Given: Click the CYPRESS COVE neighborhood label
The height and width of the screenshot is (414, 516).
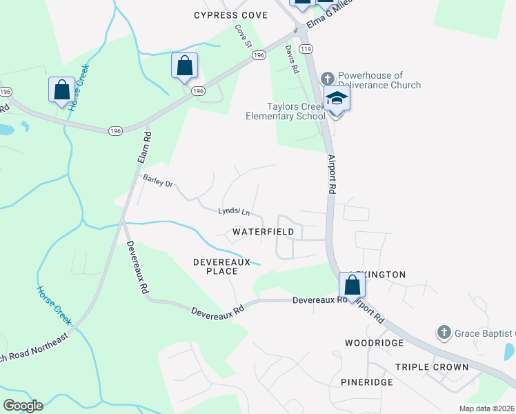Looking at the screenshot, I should tap(230, 15).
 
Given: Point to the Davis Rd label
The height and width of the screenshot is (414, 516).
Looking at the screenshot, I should tap(292, 60).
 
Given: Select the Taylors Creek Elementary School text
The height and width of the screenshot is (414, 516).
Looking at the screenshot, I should tap(286, 111).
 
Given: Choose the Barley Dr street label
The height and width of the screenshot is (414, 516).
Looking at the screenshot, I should tap(157, 181).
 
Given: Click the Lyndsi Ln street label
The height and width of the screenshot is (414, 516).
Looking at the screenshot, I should tap(234, 211).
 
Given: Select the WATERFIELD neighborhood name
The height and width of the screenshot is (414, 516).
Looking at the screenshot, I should tap(263, 232).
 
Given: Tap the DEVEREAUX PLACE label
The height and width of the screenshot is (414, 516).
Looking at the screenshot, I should tap(216, 266).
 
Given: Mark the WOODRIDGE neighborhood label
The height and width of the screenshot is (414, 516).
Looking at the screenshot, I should tap(374, 342).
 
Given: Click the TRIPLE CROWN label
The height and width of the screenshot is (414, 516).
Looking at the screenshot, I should tap(432, 367).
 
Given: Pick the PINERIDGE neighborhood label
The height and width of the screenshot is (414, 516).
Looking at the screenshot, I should tap(367, 382).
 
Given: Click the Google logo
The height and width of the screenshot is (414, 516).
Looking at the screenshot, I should tap(23, 405).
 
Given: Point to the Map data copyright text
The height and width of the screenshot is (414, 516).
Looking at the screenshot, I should tap(487, 408).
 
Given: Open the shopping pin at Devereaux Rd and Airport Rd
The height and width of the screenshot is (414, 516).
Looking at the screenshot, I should tap(352, 286).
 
